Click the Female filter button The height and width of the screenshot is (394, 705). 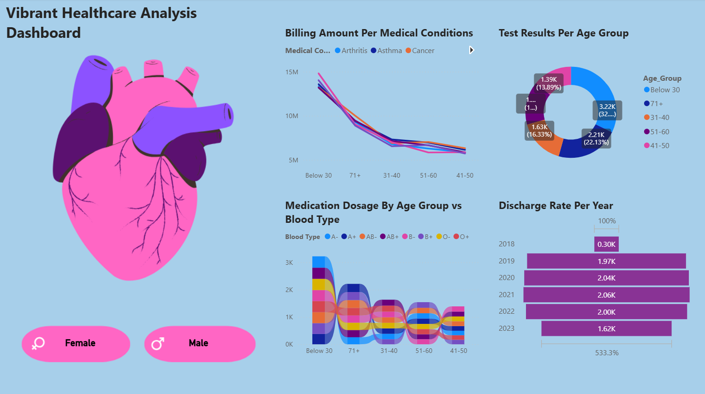pyautogui.click(x=76, y=344)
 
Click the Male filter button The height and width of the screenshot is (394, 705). pyautogui.click(x=199, y=344)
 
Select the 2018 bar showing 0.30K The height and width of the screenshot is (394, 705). pyautogui.click(x=606, y=245)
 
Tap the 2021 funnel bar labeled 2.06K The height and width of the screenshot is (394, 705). pyautogui.click(x=606, y=295)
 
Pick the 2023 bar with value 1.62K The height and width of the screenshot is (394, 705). pyautogui.click(x=606, y=329)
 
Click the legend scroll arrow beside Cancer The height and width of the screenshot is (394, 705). pyautogui.click(x=471, y=50)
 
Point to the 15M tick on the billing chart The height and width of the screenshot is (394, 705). pyautogui.click(x=292, y=72)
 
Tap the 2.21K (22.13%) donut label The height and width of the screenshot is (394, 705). pyautogui.click(x=596, y=138)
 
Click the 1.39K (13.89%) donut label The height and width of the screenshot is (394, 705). pyautogui.click(x=549, y=84)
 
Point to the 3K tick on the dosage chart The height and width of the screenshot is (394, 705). pyautogui.click(x=289, y=263)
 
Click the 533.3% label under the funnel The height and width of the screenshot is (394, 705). pyautogui.click(x=607, y=353)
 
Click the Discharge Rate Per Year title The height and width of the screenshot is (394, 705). pyautogui.click(x=556, y=206)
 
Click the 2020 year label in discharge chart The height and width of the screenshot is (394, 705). pyautogui.click(x=506, y=278)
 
